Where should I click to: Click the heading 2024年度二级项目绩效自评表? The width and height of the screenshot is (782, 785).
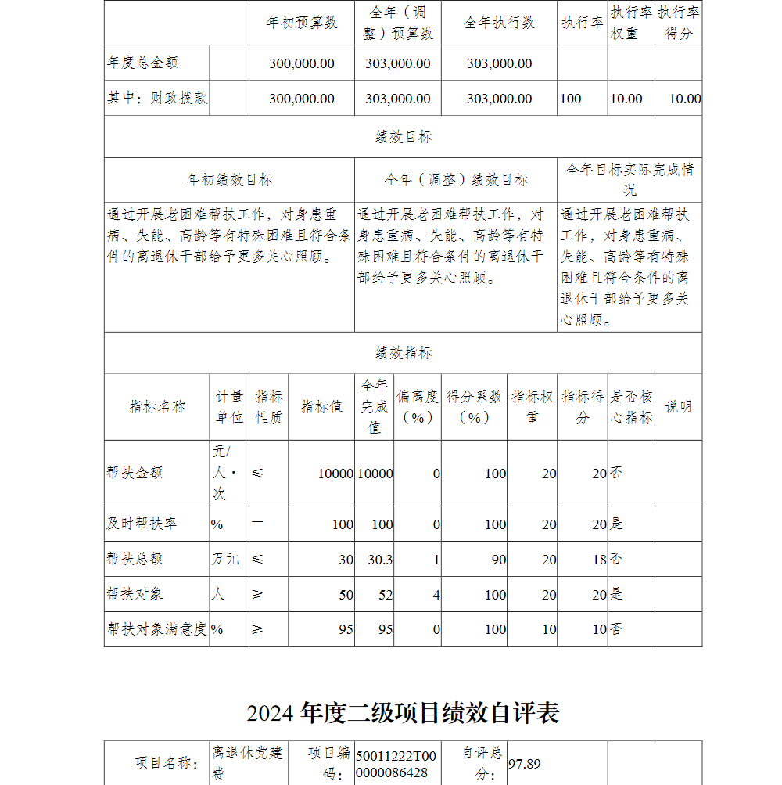pos(403,713)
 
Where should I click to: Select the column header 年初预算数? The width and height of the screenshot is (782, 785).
pos(302,23)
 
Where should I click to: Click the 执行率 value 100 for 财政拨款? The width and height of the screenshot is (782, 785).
pos(571,99)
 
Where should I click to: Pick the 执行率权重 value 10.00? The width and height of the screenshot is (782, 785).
pos(626,99)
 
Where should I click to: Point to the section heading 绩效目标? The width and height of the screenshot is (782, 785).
pos(403,137)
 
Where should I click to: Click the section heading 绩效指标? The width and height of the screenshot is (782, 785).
pos(403,353)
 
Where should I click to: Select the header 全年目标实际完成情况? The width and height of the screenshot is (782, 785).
pos(630,179)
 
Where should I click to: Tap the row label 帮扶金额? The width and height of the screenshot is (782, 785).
pos(135,473)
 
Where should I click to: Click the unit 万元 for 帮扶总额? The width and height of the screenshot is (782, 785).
pos(225,559)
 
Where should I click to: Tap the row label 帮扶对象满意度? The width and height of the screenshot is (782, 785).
pos(156,629)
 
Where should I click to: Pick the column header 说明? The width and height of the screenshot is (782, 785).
pos(678,406)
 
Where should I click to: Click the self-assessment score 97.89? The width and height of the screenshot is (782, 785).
pos(525,763)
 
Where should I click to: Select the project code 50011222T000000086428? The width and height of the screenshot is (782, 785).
pos(396,764)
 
